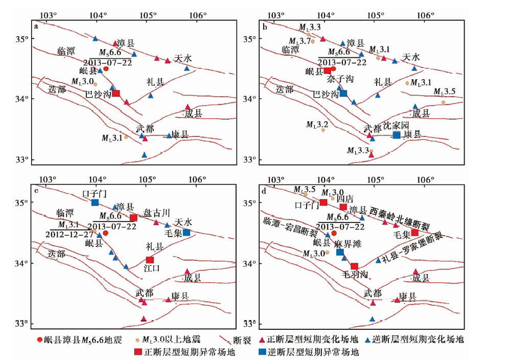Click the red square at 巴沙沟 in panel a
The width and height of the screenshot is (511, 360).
pyautogui.click(x=116, y=94)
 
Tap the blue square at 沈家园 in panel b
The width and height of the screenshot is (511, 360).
pyautogui.click(x=397, y=135)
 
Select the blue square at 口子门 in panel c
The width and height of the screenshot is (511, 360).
pyautogui.click(x=95, y=202)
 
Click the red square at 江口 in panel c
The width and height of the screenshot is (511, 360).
pyautogui.click(x=150, y=260)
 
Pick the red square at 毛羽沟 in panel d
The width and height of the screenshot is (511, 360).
pyautogui.click(x=355, y=266)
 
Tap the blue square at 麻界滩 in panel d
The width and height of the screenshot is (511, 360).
pyautogui.click(x=340, y=252)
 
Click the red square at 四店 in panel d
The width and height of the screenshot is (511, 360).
pyautogui.click(x=343, y=207)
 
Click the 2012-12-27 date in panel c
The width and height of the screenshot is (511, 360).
pyautogui.click(x=69, y=234)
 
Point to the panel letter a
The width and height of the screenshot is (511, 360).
pyautogui.click(x=36, y=27)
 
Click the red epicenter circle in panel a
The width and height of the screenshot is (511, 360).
pyautogui.click(x=106, y=69)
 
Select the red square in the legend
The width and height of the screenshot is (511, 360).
pyautogui.click(x=138, y=351)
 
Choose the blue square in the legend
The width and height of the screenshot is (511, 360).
pyautogui.click(x=262, y=351)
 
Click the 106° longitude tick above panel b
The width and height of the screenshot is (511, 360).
pyautogui.click(x=426, y=15)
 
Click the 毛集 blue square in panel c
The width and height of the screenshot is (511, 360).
pyautogui.click(x=187, y=233)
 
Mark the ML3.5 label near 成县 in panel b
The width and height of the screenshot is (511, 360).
pyautogui.click(x=444, y=92)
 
